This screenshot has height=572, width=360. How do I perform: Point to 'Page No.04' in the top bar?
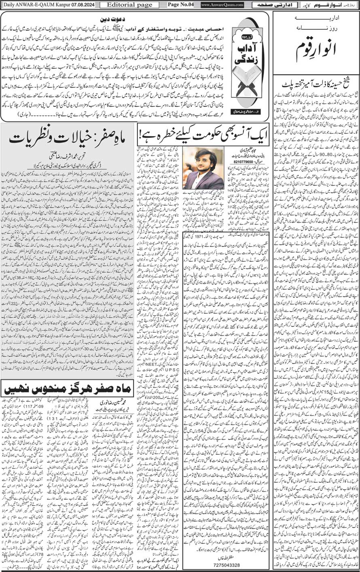click(178, 5)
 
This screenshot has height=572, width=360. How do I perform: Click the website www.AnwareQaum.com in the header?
click(222, 5)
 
